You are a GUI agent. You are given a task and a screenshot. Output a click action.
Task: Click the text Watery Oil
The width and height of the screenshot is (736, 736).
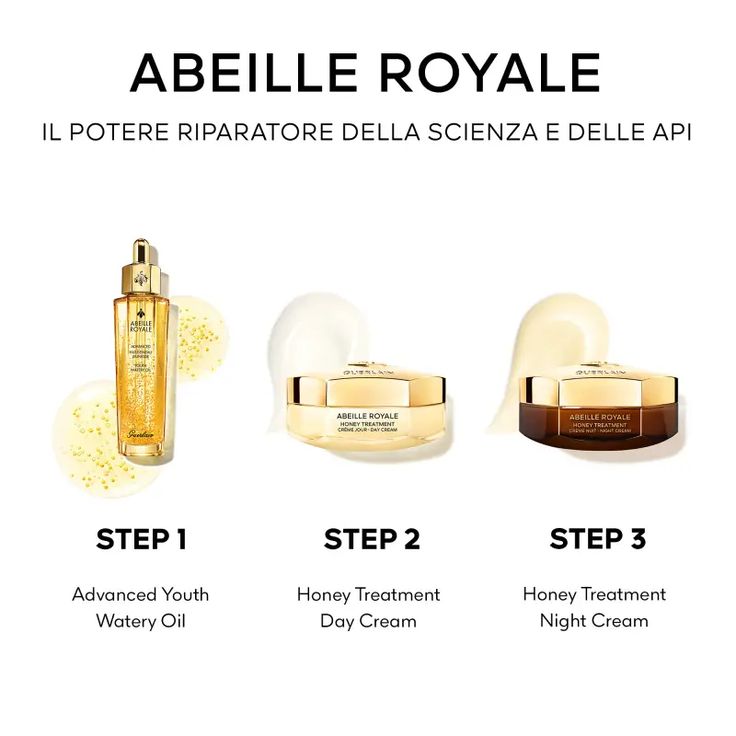141,621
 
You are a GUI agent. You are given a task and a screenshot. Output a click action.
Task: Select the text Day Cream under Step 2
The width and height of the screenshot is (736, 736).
368,621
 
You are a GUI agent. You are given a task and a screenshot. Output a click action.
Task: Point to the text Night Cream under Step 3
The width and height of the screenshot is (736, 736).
594,621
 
